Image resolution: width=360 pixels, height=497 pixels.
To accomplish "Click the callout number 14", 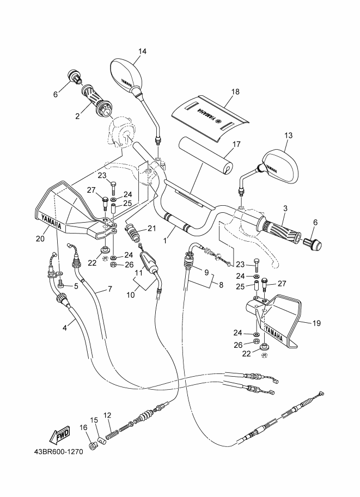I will [x=142, y=52].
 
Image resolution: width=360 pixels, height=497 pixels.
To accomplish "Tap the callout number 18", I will [x=235, y=92].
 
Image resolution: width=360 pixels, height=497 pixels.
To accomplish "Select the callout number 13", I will [x=288, y=135].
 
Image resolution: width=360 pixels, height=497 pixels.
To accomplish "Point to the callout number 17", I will [x=236, y=144].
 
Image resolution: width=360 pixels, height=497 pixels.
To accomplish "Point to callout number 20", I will [x=40, y=237].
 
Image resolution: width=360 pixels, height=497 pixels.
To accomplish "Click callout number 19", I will [x=316, y=323].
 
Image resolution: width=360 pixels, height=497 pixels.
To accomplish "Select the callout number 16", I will [x=83, y=427].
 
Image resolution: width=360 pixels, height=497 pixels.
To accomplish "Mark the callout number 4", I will [x=65, y=327].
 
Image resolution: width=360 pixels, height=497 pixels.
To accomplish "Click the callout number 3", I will [x=285, y=208].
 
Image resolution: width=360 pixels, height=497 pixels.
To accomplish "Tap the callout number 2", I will [x=78, y=116].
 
